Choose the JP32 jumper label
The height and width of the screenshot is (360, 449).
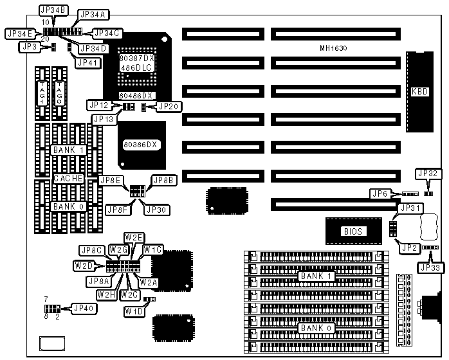(428, 173)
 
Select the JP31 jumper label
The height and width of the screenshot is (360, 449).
(410, 208)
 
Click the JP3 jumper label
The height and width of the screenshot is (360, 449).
(28, 46)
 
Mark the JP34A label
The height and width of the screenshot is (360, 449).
(94, 14)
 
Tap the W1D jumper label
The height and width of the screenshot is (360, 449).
(134, 311)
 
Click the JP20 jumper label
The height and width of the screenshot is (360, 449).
(169, 106)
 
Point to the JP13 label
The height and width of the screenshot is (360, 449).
(103, 119)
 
